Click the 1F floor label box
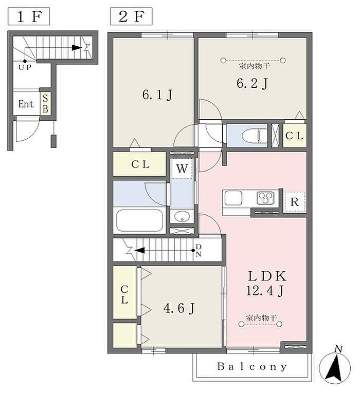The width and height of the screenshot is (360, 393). [x=29, y=16]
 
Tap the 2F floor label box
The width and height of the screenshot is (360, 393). [x=131, y=16]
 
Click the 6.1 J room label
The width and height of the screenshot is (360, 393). [x=157, y=95]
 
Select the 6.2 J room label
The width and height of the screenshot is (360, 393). [x=252, y=83]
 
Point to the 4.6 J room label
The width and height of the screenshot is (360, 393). [x=179, y=308]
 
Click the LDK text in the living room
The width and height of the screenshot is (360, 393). [x=267, y=276]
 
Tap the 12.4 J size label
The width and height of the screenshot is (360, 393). [x=265, y=291]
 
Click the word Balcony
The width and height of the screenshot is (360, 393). [x=251, y=366]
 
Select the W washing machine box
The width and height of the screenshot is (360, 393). [x=182, y=169]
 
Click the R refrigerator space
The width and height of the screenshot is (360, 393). [x=295, y=202]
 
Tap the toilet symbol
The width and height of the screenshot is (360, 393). [x=255, y=136]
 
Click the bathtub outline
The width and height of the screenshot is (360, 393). [x=139, y=220]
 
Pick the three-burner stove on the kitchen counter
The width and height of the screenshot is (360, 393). [x=265, y=198]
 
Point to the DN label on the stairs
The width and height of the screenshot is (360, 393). [x=199, y=250]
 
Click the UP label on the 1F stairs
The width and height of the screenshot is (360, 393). [x=25, y=67]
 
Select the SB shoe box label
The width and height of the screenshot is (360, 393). [x=45, y=103]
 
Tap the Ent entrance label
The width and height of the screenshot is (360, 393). [x=26, y=104]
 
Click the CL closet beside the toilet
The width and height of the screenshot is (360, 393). [x=295, y=136]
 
